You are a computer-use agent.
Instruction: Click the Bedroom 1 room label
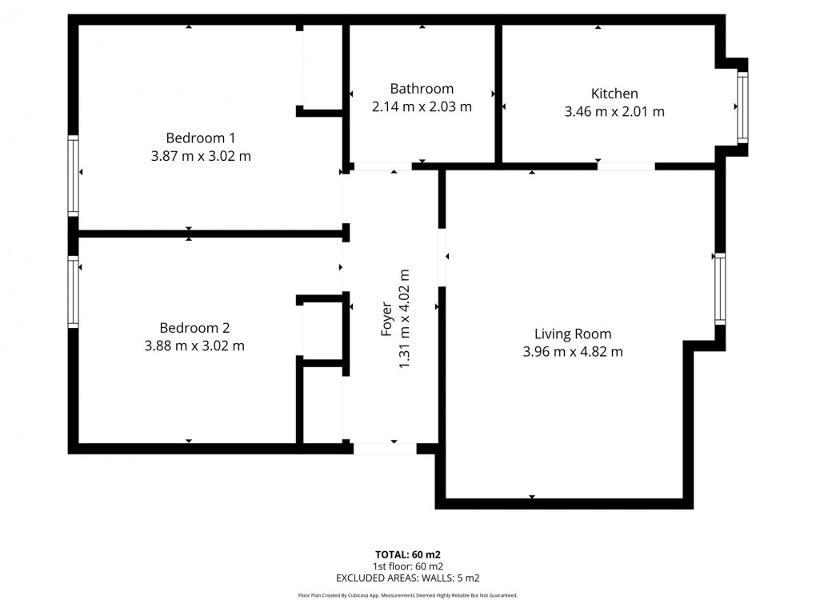[200, 137]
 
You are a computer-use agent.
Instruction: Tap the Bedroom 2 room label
[194, 328]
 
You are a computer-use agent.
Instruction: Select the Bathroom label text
[422, 89]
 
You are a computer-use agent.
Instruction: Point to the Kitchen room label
[614, 94]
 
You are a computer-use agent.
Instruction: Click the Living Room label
[572, 334]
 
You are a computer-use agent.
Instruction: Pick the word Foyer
[387, 318]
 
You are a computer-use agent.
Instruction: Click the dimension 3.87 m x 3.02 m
[200, 156]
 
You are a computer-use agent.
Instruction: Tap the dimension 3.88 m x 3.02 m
[194, 346]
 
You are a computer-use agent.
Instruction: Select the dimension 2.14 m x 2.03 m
[422, 106]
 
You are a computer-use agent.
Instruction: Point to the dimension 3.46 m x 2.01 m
[614, 112]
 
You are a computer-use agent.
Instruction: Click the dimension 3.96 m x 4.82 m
[572, 351]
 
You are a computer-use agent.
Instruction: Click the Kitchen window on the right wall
[742, 107]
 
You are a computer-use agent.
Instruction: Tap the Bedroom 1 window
[74, 174]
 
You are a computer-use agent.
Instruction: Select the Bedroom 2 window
[74, 291]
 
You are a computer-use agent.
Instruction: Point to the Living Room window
[719, 288]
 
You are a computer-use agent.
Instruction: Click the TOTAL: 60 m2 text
[408, 554]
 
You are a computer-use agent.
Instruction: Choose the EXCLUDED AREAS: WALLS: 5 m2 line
[408, 577]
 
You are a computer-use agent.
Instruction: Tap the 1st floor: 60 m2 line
[408, 566]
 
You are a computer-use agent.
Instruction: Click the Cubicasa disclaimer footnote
[408, 595]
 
